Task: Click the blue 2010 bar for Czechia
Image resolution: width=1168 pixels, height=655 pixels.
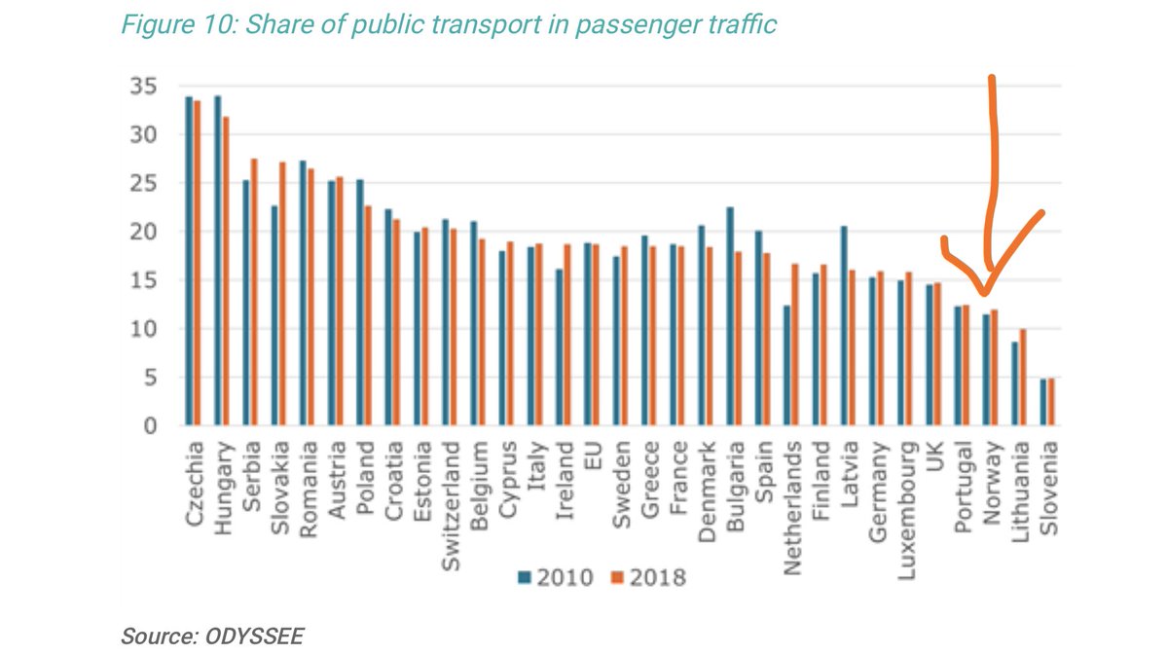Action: pos(188,263)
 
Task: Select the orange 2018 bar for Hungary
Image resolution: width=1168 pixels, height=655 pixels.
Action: pos(225,273)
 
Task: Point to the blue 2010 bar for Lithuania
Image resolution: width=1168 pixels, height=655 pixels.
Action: pos(1014,384)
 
